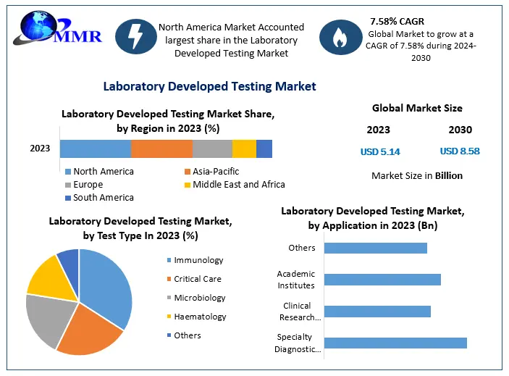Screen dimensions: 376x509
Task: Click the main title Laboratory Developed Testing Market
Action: click(209, 86)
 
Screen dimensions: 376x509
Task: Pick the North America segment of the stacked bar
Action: click(95, 149)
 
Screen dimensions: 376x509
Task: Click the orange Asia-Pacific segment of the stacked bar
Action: click(161, 149)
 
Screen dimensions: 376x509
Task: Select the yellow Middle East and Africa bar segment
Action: click(244, 149)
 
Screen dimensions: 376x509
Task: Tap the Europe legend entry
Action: click(88, 185)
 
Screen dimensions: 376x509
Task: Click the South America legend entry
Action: click(103, 198)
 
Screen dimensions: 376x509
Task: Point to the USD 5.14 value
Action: click(380, 152)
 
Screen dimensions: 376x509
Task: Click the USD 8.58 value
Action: click(460, 151)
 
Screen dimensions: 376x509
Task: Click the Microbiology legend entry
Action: click(199, 298)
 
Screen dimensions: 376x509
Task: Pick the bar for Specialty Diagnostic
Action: click(395, 343)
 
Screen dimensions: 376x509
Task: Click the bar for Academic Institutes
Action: click(382, 280)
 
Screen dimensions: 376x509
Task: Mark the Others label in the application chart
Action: click(302, 248)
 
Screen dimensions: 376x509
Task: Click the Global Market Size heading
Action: click(417, 108)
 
